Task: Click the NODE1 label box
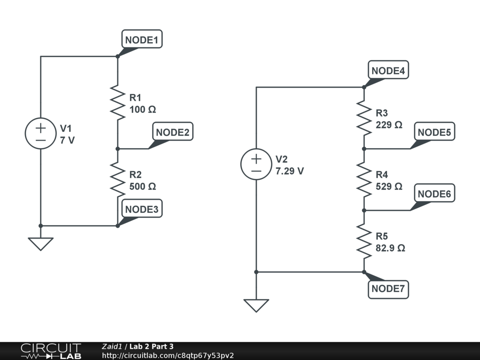[142, 40]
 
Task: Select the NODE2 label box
[172, 132]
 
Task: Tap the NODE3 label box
[142, 209]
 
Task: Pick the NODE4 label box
[389, 71]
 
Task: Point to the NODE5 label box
[434, 132]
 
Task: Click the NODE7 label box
[388, 289]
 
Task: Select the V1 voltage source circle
[40, 134]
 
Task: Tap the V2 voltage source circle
[256, 165]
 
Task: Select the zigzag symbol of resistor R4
[364, 180]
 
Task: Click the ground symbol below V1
[41, 243]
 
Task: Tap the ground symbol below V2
[256, 305]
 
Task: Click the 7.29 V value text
[290, 171]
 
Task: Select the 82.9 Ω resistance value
[390, 247]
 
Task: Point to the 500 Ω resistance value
[142, 186]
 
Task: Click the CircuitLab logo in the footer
[51, 351]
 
